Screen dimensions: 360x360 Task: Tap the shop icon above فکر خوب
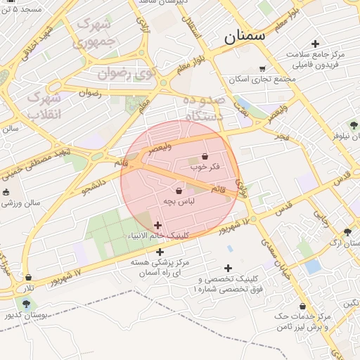click(205, 156)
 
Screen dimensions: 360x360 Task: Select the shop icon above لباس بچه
click(179, 191)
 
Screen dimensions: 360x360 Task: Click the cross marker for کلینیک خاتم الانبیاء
click(157, 225)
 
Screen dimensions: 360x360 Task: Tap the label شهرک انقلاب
click(44, 104)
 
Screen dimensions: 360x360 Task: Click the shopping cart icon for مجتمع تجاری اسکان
click(262, 69)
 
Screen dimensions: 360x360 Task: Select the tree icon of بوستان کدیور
click(26, 304)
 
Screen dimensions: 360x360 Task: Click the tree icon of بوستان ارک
click(347, 232)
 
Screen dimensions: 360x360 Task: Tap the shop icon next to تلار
click(28, 278)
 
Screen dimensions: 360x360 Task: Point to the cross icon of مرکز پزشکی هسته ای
click(160, 251)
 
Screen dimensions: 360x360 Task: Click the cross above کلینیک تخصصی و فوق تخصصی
click(227, 268)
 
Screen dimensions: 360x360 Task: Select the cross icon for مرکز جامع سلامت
click(315, 44)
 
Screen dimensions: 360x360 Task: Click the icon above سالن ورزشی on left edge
click(6, 192)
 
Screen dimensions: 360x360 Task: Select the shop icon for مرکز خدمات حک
click(302, 307)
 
